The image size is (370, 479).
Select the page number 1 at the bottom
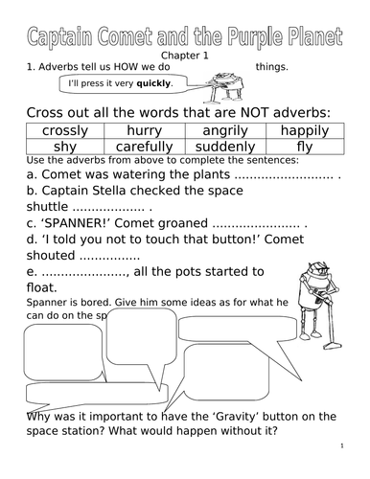[341, 446]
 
